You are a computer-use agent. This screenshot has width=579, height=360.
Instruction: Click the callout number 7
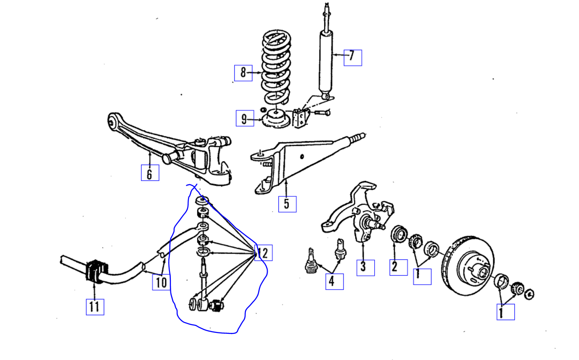352,57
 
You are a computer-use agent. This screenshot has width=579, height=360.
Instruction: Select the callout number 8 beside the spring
243,73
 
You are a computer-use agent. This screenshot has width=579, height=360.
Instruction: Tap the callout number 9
245,119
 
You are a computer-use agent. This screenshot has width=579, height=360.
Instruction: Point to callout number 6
150,173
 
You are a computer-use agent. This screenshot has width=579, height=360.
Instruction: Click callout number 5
287,204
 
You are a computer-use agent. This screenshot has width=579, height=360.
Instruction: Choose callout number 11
94,307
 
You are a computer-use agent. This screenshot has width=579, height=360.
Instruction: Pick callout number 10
161,283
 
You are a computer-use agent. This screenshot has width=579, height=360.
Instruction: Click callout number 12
264,252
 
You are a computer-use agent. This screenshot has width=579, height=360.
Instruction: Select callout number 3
365,267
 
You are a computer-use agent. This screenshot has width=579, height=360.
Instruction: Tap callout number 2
394,266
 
